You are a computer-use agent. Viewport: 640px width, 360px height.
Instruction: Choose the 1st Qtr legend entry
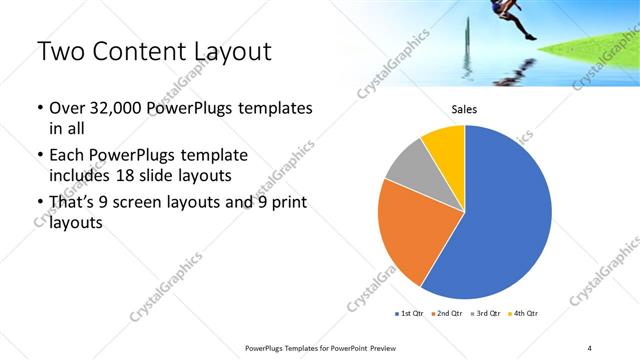408,314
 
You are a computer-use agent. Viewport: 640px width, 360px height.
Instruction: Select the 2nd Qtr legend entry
447,314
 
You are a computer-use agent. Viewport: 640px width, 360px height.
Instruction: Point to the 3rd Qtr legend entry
486,314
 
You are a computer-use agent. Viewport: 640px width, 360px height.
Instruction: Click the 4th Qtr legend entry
524,314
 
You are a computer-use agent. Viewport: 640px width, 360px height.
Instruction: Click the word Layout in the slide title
225,52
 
